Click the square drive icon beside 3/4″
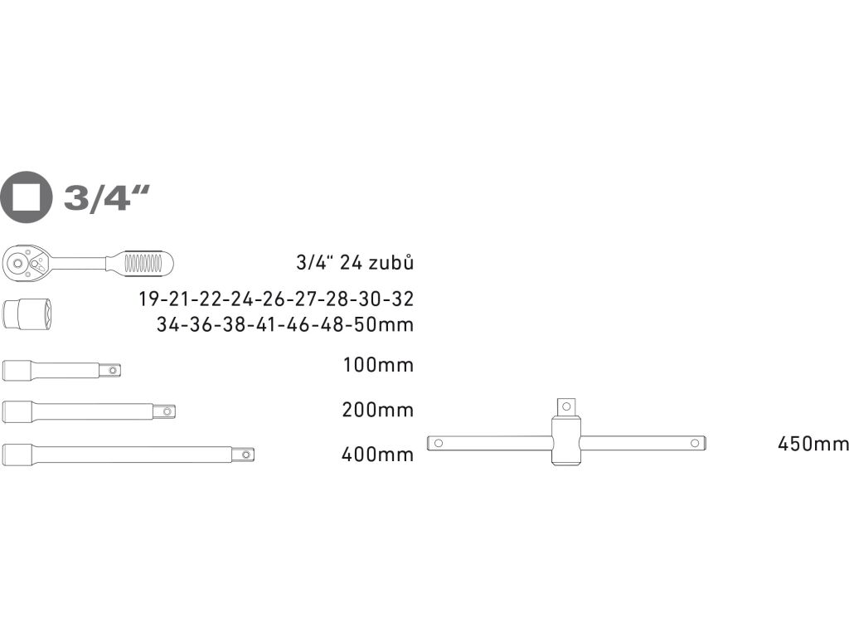coord(26,197)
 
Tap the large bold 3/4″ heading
coord(106,197)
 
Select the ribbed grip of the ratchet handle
coord(143,263)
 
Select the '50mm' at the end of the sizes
coord(383,324)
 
